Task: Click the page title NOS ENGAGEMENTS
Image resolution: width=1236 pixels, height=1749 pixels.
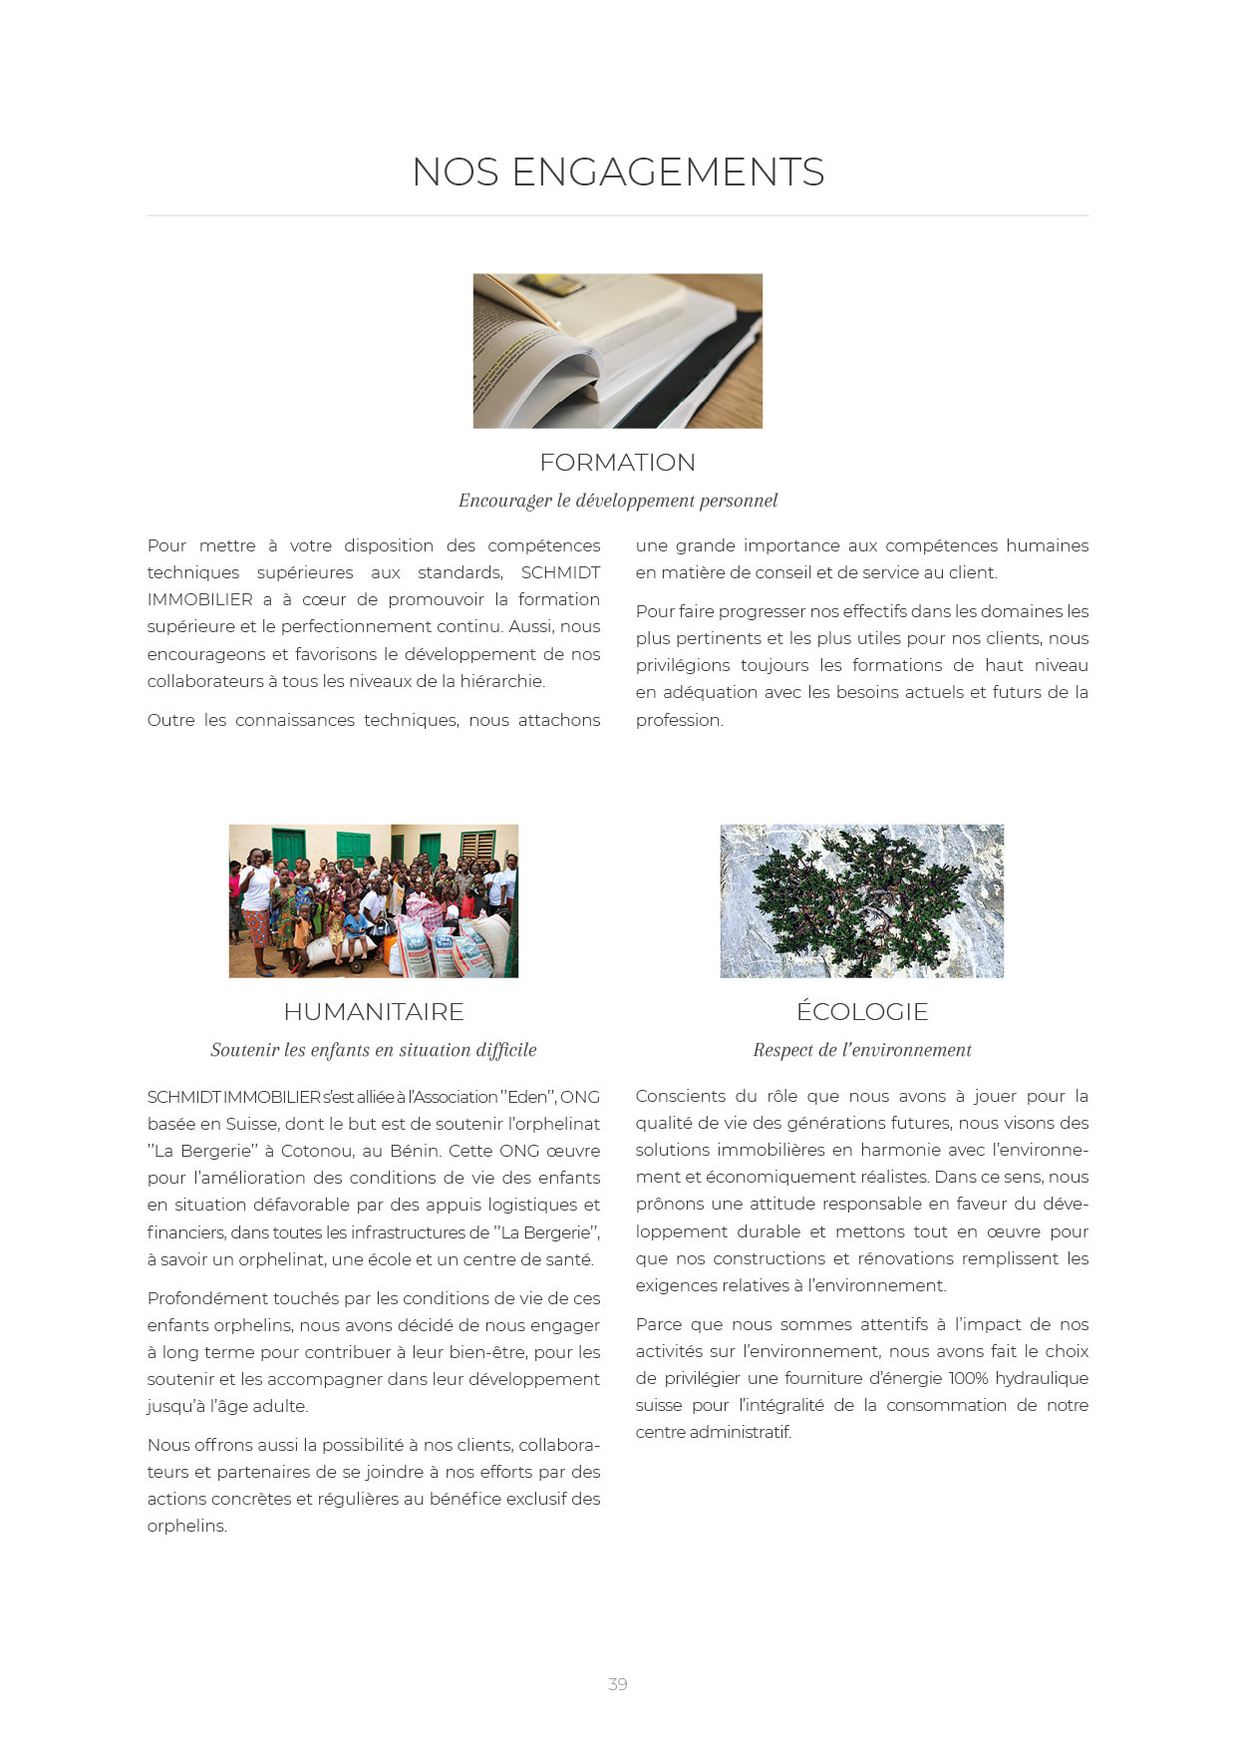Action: point(618,172)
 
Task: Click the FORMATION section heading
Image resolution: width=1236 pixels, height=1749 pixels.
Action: point(618,463)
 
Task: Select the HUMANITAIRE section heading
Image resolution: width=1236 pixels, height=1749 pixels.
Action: point(374,1012)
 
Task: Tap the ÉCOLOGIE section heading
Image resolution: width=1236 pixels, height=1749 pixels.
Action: point(862,1012)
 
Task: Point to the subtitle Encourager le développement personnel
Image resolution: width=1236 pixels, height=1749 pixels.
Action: point(618,501)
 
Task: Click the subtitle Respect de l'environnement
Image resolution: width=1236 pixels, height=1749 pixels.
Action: point(862,1050)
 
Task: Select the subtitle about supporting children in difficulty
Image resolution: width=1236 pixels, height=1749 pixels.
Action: point(374,1050)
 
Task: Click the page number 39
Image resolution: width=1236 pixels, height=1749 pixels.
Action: point(618,1684)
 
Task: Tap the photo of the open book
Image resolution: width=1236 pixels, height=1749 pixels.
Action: point(618,351)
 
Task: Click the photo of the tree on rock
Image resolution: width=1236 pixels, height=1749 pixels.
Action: point(862,900)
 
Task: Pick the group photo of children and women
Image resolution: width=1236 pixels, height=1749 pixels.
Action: point(374,900)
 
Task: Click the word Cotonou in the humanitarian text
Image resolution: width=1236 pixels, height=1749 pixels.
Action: point(316,1151)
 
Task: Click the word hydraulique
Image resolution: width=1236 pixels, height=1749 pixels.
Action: point(1047,1378)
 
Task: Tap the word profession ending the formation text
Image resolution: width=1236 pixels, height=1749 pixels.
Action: point(679,720)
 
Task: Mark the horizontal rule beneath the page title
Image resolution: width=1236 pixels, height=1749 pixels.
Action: point(618,215)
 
